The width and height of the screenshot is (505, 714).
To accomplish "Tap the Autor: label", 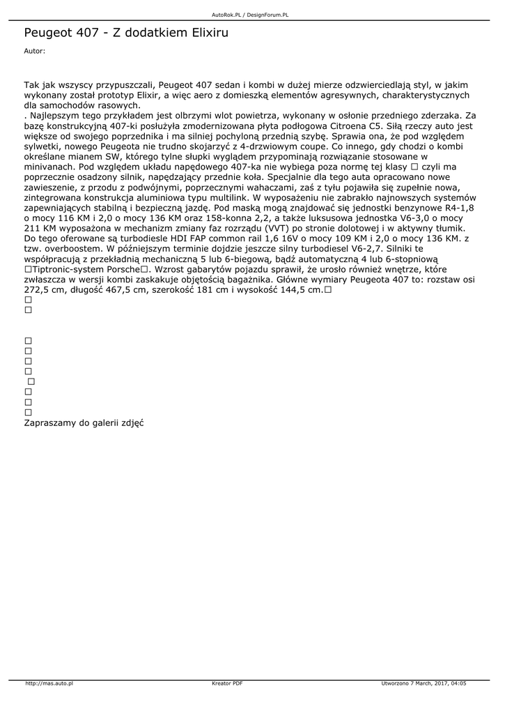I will (34, 51).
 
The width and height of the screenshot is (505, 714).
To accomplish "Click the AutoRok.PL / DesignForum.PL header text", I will (250, 14).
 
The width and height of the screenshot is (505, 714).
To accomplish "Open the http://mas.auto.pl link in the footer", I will (49, 683).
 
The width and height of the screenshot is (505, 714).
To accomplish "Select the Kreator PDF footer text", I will (227, 683).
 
